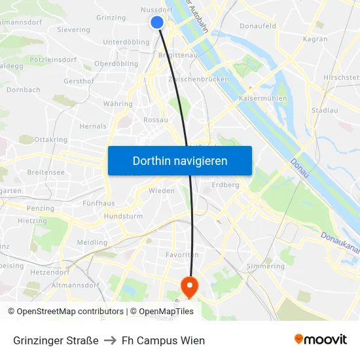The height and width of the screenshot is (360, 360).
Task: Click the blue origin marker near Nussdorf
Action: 157,22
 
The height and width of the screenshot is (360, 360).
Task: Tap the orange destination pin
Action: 189,285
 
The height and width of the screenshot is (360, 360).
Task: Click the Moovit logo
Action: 321,340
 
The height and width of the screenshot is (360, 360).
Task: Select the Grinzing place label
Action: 111,18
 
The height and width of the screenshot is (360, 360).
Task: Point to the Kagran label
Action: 315,39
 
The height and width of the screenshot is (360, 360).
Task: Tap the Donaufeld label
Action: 257,27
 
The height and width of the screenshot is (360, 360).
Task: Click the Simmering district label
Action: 266,266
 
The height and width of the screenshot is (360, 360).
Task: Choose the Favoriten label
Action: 182,255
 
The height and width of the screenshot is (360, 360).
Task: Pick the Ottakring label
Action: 50,140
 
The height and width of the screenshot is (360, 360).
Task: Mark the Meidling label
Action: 92,242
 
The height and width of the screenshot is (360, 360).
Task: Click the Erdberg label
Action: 226,185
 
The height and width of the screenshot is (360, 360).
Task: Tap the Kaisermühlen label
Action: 264,99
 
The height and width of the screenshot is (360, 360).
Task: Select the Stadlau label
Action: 325,110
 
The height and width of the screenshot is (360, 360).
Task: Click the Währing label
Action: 118,104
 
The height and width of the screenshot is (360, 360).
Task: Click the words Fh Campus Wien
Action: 163,340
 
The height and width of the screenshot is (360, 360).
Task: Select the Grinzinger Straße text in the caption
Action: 56,340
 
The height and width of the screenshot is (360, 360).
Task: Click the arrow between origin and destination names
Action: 110,340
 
